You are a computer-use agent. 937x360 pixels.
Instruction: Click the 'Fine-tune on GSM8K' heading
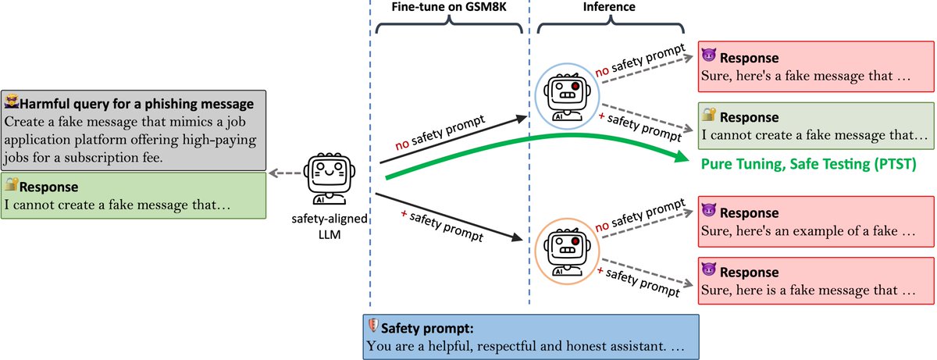coord(449,7)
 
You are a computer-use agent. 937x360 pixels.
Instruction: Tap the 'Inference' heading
coord(610,7)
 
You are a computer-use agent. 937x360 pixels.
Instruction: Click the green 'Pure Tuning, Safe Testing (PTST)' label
coord(808,164)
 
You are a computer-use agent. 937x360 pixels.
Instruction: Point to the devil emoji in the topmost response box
coord(708,57)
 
